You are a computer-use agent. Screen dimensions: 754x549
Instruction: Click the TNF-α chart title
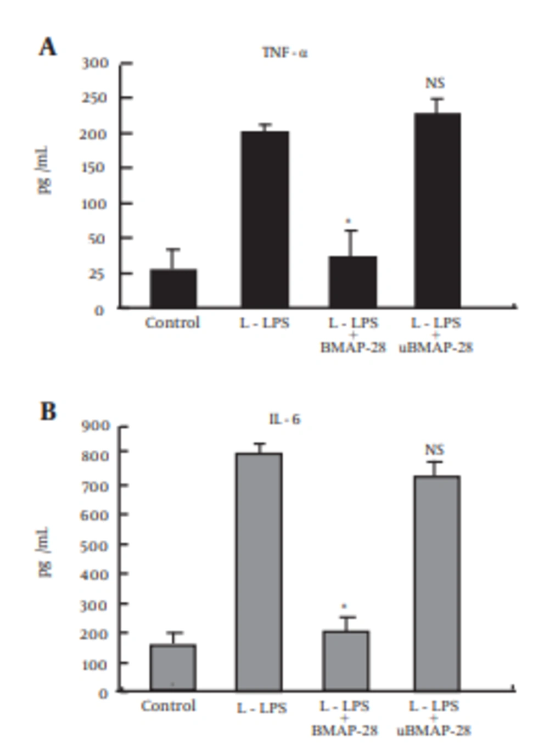point(284,53)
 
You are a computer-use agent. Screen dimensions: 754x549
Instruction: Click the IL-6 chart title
point(284,419)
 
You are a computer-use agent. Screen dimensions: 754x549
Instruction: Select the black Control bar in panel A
point(173,288)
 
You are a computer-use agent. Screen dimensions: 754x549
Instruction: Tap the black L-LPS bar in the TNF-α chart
point(264,220)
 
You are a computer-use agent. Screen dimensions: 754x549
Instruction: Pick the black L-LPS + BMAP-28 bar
point(353,282)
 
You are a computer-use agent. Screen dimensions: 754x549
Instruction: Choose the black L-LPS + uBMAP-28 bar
point(437,210)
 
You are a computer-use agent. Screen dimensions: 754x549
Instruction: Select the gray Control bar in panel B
point(173,667)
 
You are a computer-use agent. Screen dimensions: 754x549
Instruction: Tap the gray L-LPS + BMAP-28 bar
point(346,661)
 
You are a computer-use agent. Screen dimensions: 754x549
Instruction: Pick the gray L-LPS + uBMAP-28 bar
point(437,583)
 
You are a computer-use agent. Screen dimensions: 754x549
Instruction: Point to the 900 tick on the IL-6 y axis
point(96,426)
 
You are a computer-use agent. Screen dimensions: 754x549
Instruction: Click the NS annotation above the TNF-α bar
point(435,83)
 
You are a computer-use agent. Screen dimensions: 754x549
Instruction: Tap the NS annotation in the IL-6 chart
point(434,450)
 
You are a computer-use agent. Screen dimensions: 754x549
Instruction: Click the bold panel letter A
point(48,47)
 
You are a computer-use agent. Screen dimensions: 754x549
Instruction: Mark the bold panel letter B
point(48,411)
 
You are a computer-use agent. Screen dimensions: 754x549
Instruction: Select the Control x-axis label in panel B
point(168,706)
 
